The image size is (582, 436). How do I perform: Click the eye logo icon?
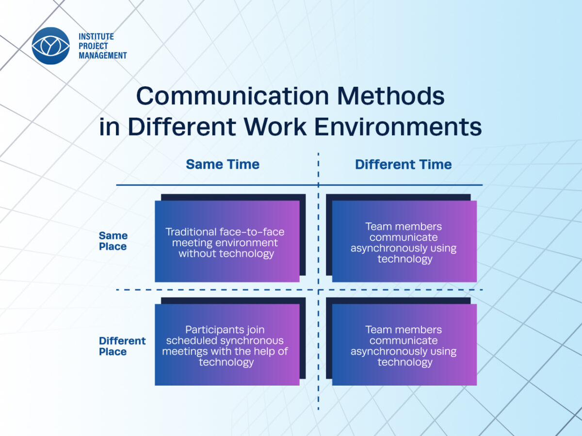50,46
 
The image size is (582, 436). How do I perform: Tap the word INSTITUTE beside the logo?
96,36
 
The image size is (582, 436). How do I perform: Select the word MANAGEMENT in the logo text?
103,56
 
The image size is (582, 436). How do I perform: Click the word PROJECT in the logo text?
93,46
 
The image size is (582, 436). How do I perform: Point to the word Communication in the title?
232,96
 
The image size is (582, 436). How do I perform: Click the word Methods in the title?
391,96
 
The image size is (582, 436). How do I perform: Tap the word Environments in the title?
398,127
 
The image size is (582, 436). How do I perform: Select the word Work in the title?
275,127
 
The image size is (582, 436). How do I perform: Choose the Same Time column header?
223,164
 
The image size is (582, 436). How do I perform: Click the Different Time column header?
404,164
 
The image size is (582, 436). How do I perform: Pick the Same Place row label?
113,241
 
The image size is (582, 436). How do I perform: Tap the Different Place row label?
122,346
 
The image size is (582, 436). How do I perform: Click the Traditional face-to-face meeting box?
227,241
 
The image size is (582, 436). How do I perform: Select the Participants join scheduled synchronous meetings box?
227,344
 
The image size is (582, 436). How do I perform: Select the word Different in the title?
182,127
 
